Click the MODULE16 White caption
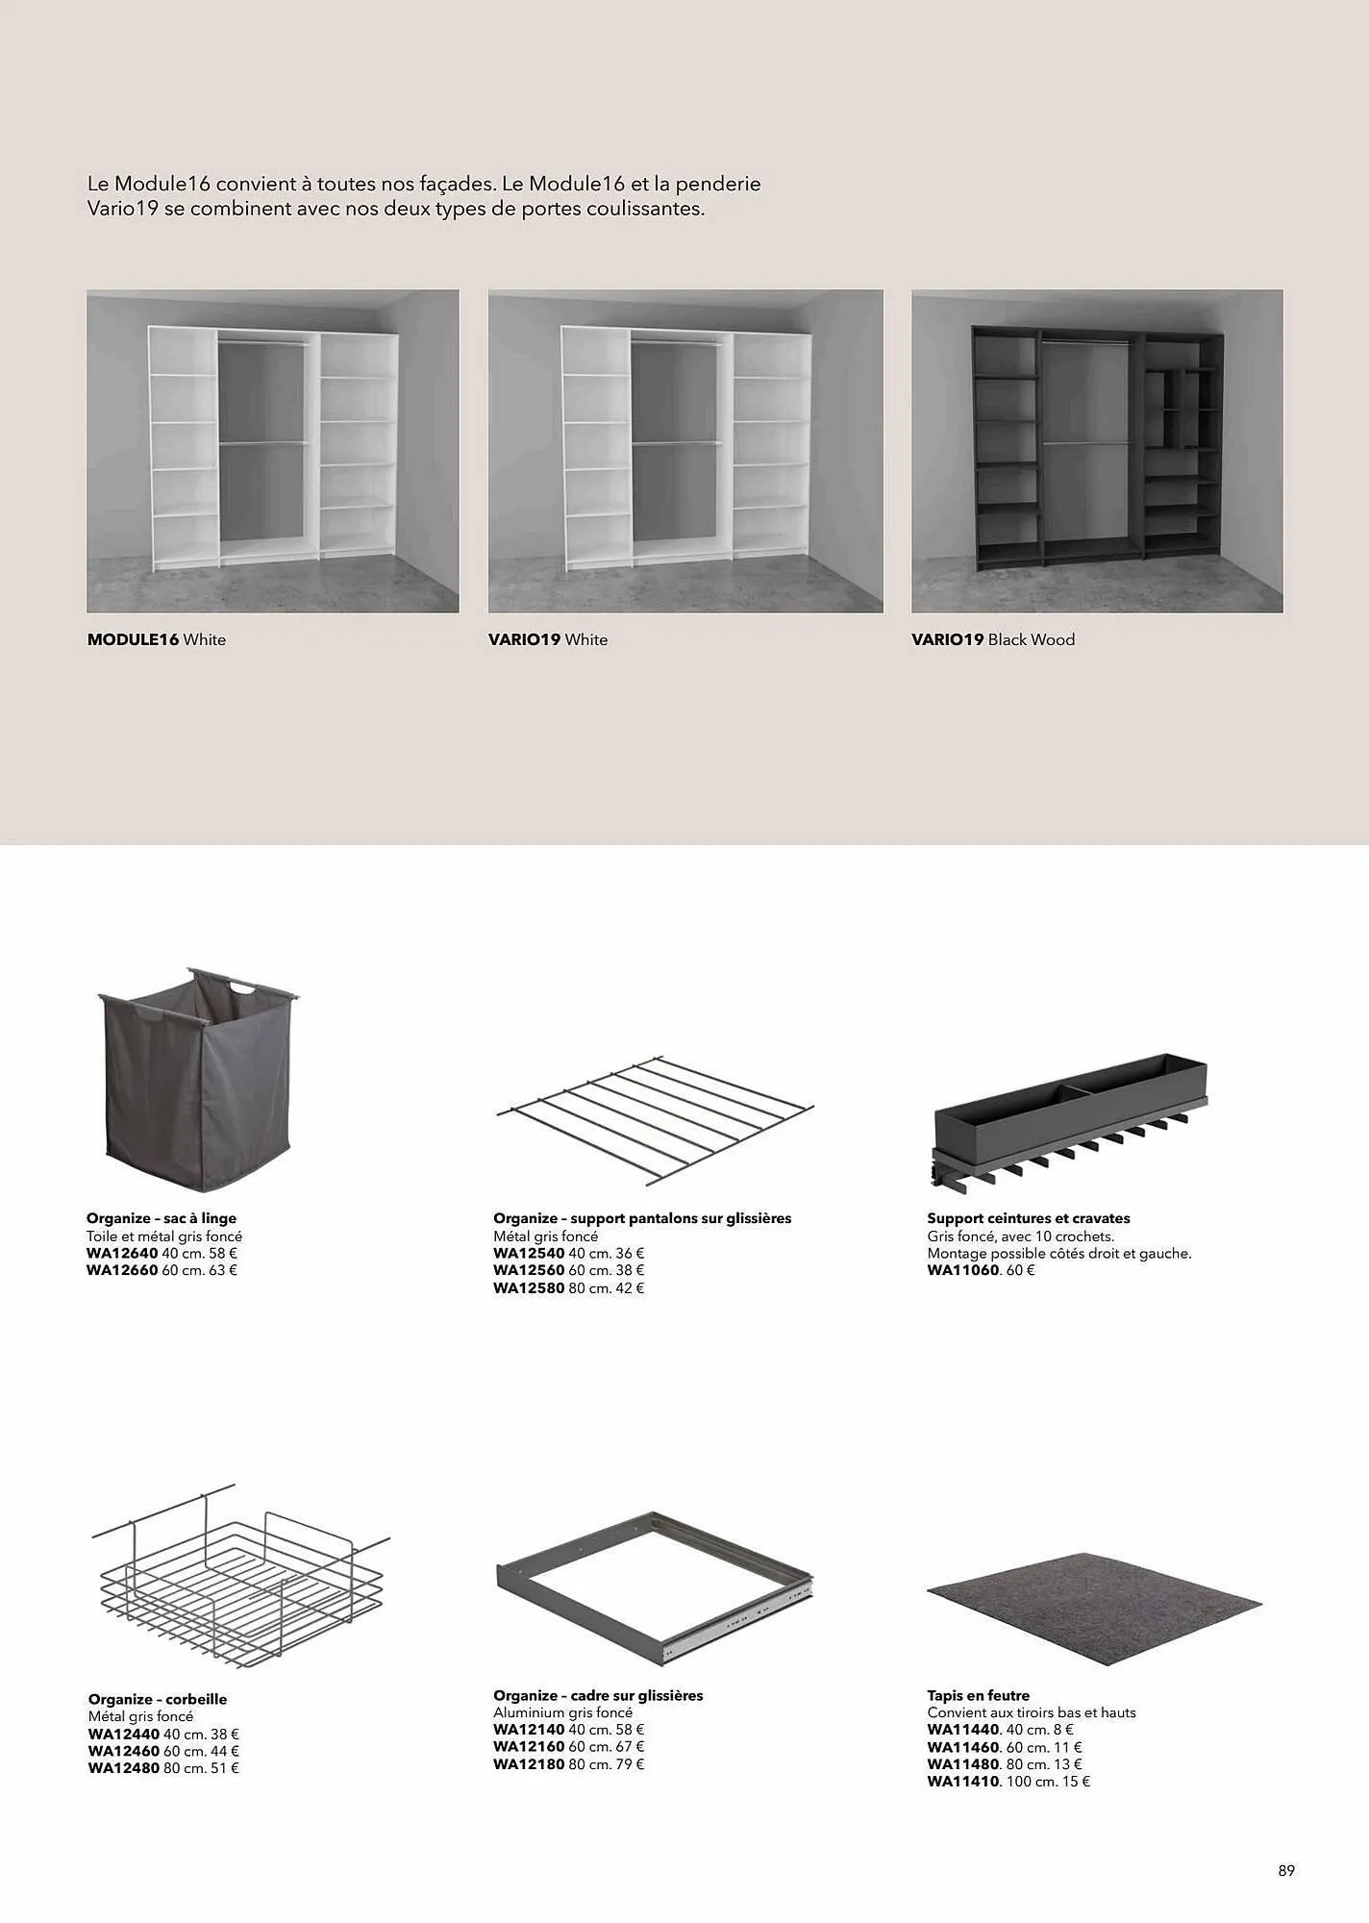[157, 639]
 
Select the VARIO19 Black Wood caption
[993, 639]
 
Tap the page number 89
[1286, 1870]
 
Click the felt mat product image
[1094, 1604]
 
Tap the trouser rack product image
[655, 1119]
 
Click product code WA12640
[122, 1254]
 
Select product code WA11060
[963, 1270]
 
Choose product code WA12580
[529, 1288]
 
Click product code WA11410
[963, 1782]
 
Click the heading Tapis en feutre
[979, 1696]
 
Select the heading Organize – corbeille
[158, 1700]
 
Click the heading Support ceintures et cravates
[1029, 1218]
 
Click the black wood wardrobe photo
[1097, 451]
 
